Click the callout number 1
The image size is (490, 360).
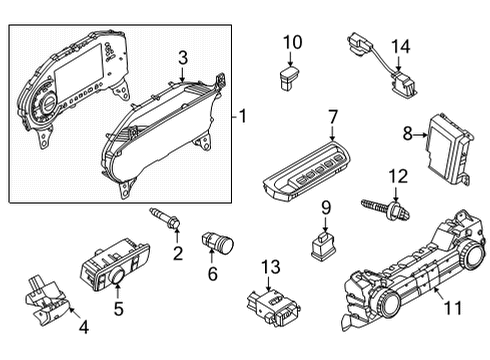(243, 116)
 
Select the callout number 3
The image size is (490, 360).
(182, 57)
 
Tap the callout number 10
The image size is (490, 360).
(291, 42)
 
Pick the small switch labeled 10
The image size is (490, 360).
(290, 71)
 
